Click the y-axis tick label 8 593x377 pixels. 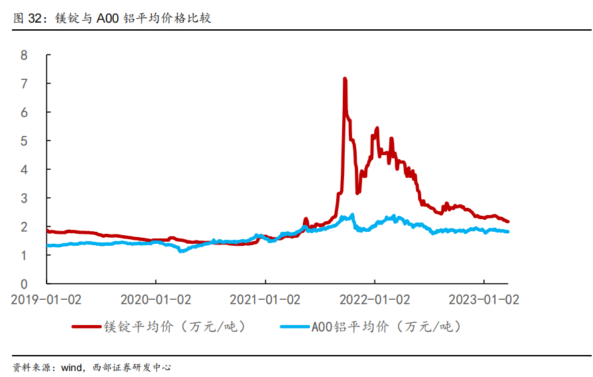[x=24, y=55]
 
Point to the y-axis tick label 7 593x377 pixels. [x=24, y=84]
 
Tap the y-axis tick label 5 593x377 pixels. [x=24, y=141]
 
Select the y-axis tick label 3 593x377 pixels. [x=24, y=198]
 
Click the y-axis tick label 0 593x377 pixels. [x=24, y=284]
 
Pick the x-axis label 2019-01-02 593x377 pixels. [x=46, y=300]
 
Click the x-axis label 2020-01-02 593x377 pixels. [x=156, y=300]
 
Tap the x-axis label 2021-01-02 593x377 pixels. [x=265, y=300]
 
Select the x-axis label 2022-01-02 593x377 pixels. [x=375, y=300]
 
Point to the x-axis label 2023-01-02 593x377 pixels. [x=484, y=300]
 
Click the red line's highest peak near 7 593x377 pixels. [x=345, y=79]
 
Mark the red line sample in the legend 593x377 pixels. [x=87, y=326]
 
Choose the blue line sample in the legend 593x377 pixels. [x=295, y=326]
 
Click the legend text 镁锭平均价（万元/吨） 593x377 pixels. [x=175, y=326]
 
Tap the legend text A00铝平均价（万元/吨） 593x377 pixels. [x=387, y=326]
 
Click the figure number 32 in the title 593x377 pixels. [x=35, y=18]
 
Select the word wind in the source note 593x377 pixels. [x=71, y=367]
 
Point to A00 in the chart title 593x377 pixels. [x=108, y=18]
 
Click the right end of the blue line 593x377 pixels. [x=508, y=232]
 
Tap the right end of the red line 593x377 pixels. [x=508, y=221]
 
